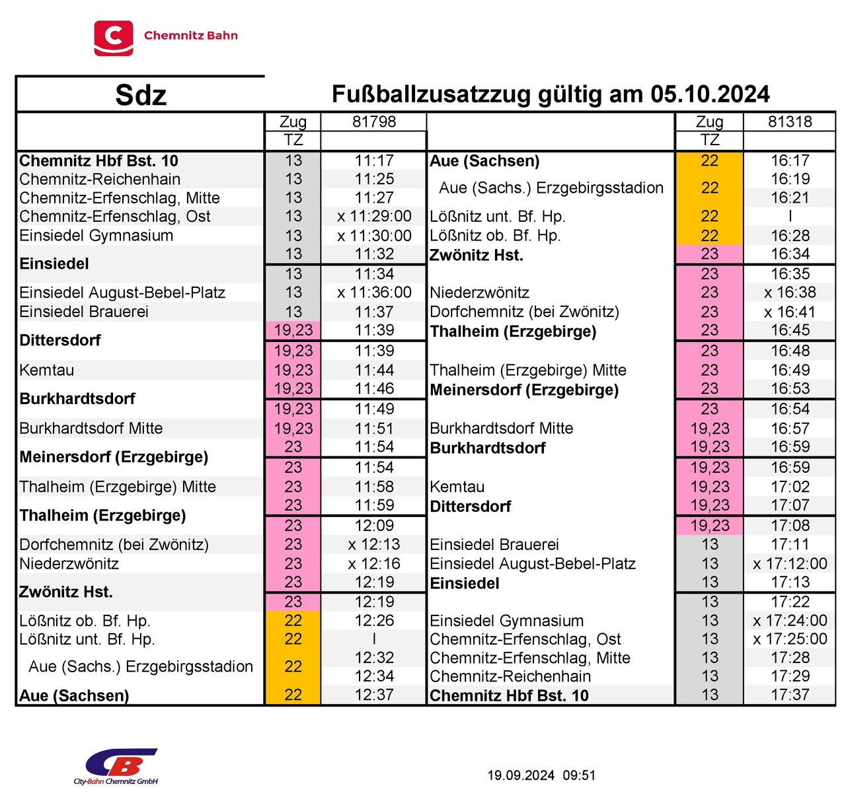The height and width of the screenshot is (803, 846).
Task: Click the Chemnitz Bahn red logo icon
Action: [x=113, y=38]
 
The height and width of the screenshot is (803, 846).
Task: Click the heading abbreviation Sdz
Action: [x=140, y=95]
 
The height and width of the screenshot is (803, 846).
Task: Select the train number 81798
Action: [x=374, y=122]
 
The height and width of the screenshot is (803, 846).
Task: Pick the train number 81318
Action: [x=790, y=122]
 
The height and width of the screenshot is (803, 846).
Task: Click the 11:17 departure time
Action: [x=374, y=160]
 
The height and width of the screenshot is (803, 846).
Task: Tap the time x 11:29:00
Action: [x=374, y=217]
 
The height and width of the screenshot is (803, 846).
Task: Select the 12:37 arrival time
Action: [x=374, y=695]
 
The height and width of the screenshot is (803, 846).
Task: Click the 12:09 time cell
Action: [x=374, y=526]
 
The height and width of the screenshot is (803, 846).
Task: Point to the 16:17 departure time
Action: [x=790, y=160]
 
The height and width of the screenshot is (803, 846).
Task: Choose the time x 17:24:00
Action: [x=790, y=621]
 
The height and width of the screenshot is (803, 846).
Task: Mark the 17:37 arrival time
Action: [x=790, y=695]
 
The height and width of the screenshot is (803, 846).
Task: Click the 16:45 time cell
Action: [x=790, y=330]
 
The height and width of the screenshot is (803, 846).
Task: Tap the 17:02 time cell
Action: [x=790, y=487]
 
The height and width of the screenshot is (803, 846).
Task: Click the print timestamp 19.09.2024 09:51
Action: [x=541, y=775]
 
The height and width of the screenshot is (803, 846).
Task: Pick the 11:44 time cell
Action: [x=374, y=370]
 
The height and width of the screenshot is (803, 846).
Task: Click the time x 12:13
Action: [x=374, y=544]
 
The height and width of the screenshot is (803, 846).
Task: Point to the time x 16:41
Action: [x=790, y=312]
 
